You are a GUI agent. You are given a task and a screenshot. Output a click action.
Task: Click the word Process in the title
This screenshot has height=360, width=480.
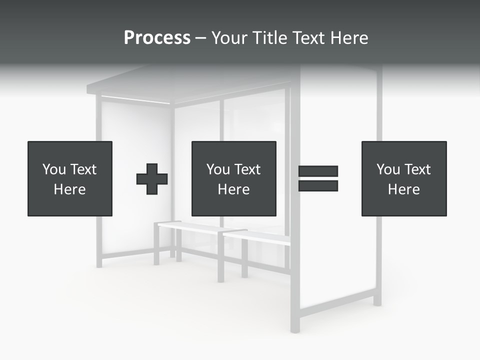(x=157, y=38)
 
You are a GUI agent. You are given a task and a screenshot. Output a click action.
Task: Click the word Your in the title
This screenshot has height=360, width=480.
(x=228, y=38)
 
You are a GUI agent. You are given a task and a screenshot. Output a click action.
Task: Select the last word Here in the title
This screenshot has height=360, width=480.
(x=349, y=38)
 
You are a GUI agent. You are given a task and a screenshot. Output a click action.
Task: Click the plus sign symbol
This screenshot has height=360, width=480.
(x=152, y=179)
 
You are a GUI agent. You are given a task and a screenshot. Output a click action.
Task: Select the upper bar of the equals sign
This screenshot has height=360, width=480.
(x=318, y=171)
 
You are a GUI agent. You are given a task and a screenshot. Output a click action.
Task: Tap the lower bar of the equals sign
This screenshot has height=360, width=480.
(x=318, y=185)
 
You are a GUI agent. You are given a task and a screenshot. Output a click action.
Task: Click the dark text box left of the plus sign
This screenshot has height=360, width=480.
(x=69, y=150)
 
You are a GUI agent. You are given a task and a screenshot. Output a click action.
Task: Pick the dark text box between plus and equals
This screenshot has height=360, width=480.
(x=233, y=150)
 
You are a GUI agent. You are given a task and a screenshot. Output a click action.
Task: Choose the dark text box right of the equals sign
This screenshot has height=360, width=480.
(x=403, y=150)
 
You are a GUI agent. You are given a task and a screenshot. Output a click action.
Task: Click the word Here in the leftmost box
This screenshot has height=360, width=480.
(x=69, y=189)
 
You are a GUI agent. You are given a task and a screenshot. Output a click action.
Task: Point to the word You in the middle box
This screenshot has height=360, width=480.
(x=217, y=169)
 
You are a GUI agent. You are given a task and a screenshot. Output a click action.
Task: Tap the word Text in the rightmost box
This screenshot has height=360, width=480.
(x=417, y=169)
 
